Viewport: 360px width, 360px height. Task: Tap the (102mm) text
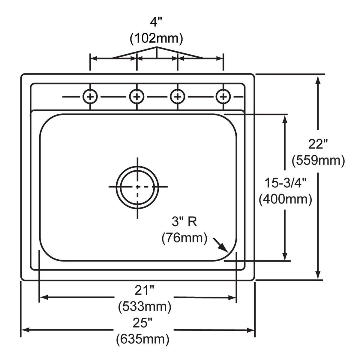click(x=156, y=38)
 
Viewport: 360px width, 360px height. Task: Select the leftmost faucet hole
click(x=90, y=97)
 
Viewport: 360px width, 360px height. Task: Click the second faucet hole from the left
click(x=137, y=97)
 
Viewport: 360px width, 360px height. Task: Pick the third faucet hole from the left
click(x=178, y=97)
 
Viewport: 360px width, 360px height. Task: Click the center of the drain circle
click(x=138, y=187)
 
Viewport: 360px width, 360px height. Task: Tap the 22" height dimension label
click(x=318, y=145)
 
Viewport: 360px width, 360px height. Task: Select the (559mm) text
click(x=318, y=160)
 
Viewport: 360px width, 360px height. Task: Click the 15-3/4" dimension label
click(x=285, y=183)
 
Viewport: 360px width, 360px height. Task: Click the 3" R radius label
click(x=184, y=222)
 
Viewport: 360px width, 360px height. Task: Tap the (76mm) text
click(x=184, y=238)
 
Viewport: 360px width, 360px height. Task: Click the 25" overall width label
click(x=143, y=323)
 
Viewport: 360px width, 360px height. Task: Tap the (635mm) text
click(x=143, y=339)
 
